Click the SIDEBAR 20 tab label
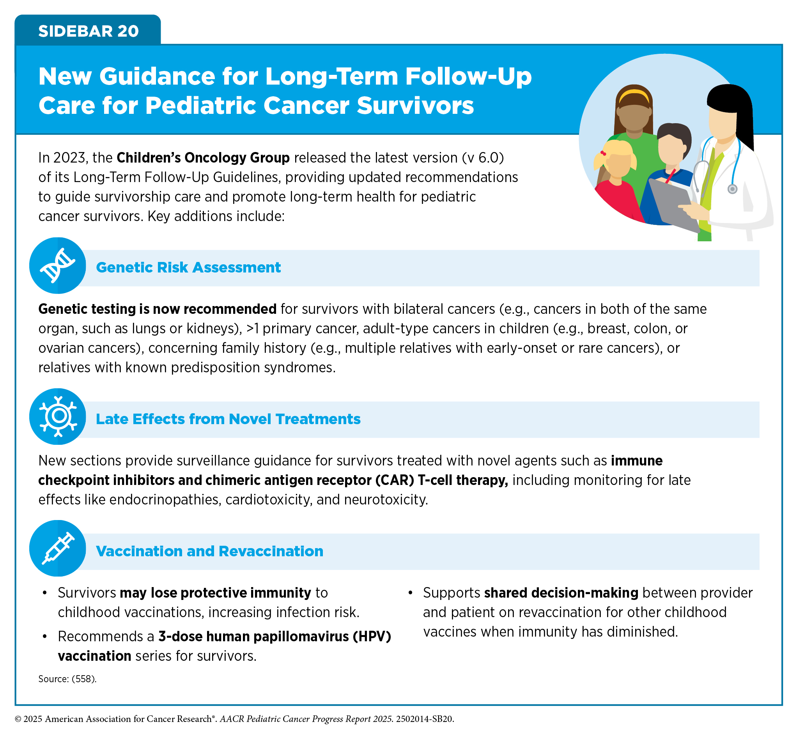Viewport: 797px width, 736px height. [89, 31]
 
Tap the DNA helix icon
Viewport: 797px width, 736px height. [58, 265]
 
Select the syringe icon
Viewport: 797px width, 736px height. [58, 548]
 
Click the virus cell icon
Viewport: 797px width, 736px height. [58, 416]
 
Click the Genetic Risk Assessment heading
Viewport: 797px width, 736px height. [188, 267]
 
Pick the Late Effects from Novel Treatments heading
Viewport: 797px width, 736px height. [228, 419]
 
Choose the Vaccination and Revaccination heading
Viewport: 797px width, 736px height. [209, 551]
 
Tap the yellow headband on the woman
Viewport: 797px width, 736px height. [634, 96]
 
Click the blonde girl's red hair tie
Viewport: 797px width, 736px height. [603, 153]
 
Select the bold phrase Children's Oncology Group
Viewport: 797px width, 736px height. [203, 158]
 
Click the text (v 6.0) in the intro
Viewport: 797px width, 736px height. [483, 158]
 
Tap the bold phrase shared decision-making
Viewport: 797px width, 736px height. [561, 593]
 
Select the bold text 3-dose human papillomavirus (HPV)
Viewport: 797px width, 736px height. [275, 637]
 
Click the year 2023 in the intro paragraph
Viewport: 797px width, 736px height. [70, 158]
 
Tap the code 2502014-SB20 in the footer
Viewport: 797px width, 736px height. [425, 719]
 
